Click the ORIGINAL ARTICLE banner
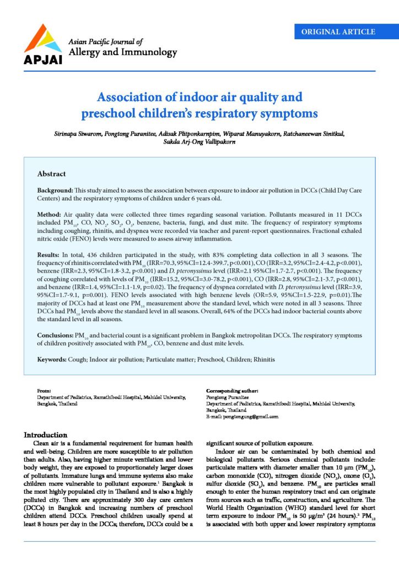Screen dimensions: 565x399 click(342, 32)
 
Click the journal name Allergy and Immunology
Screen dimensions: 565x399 click(122, 52)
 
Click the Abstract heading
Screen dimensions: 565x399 click(51, 174)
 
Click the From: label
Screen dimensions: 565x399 click(44, 391)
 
